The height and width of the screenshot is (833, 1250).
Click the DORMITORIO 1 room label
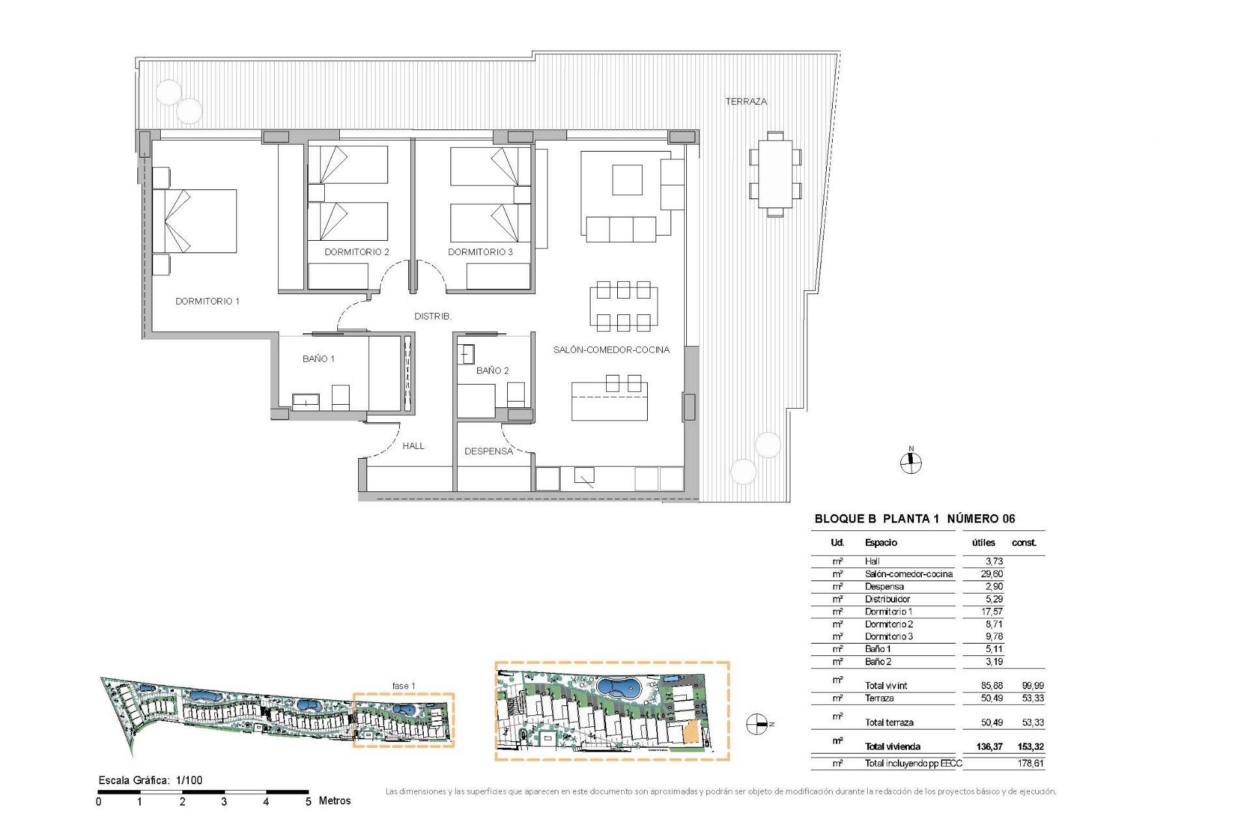[207, 301]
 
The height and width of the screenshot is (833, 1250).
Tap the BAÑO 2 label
[492, 370]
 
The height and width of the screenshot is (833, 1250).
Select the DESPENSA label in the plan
[488, 451]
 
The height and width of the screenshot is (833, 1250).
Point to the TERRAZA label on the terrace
[746, 102]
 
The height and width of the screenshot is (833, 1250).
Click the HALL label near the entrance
[413, 446]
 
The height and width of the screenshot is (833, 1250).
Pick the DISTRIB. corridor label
[433, 316]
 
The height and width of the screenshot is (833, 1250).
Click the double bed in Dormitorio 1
[195, 221]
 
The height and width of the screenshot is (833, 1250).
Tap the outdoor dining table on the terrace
[775, 174]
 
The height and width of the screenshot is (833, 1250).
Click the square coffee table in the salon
[627, 180]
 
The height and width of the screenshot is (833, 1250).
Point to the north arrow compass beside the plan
[911, 462]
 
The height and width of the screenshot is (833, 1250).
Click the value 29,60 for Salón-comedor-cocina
[992, 574]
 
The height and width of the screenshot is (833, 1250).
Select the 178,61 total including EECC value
[1031, 763]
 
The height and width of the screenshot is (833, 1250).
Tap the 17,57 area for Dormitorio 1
[992, 612]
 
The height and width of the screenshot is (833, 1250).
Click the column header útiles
[983, 543]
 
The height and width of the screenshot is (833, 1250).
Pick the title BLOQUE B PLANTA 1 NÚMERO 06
[914, 519]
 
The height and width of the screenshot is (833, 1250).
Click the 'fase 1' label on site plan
[403, 686]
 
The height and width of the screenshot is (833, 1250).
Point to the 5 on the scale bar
[308, 802]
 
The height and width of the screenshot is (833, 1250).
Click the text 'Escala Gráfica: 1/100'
[150, 780]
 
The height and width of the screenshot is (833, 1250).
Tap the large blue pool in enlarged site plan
[618, 688]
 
